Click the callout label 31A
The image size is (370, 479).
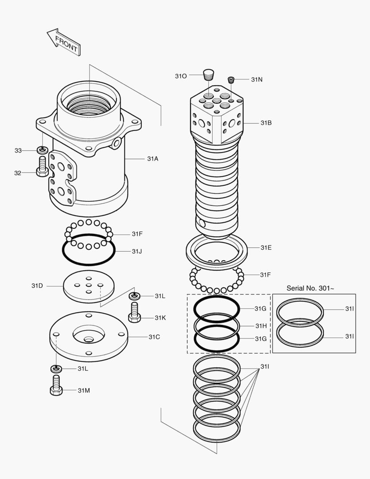pos(152,158)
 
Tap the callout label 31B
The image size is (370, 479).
pos(266,122)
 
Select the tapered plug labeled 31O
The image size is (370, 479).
pos(208,74)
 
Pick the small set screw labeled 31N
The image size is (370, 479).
pos(231,80)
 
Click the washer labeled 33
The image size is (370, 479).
pos(42,150)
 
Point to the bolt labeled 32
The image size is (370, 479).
pos(42,168)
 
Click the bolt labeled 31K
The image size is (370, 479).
pos(135,313)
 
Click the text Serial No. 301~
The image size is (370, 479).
pos(310,288)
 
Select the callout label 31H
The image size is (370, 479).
pos(261,326)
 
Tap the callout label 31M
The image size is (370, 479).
pos(84,390)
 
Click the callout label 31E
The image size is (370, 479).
pos(266,247)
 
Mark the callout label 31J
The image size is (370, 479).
pos(136,251)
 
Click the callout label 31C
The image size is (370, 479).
pos(154,337)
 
